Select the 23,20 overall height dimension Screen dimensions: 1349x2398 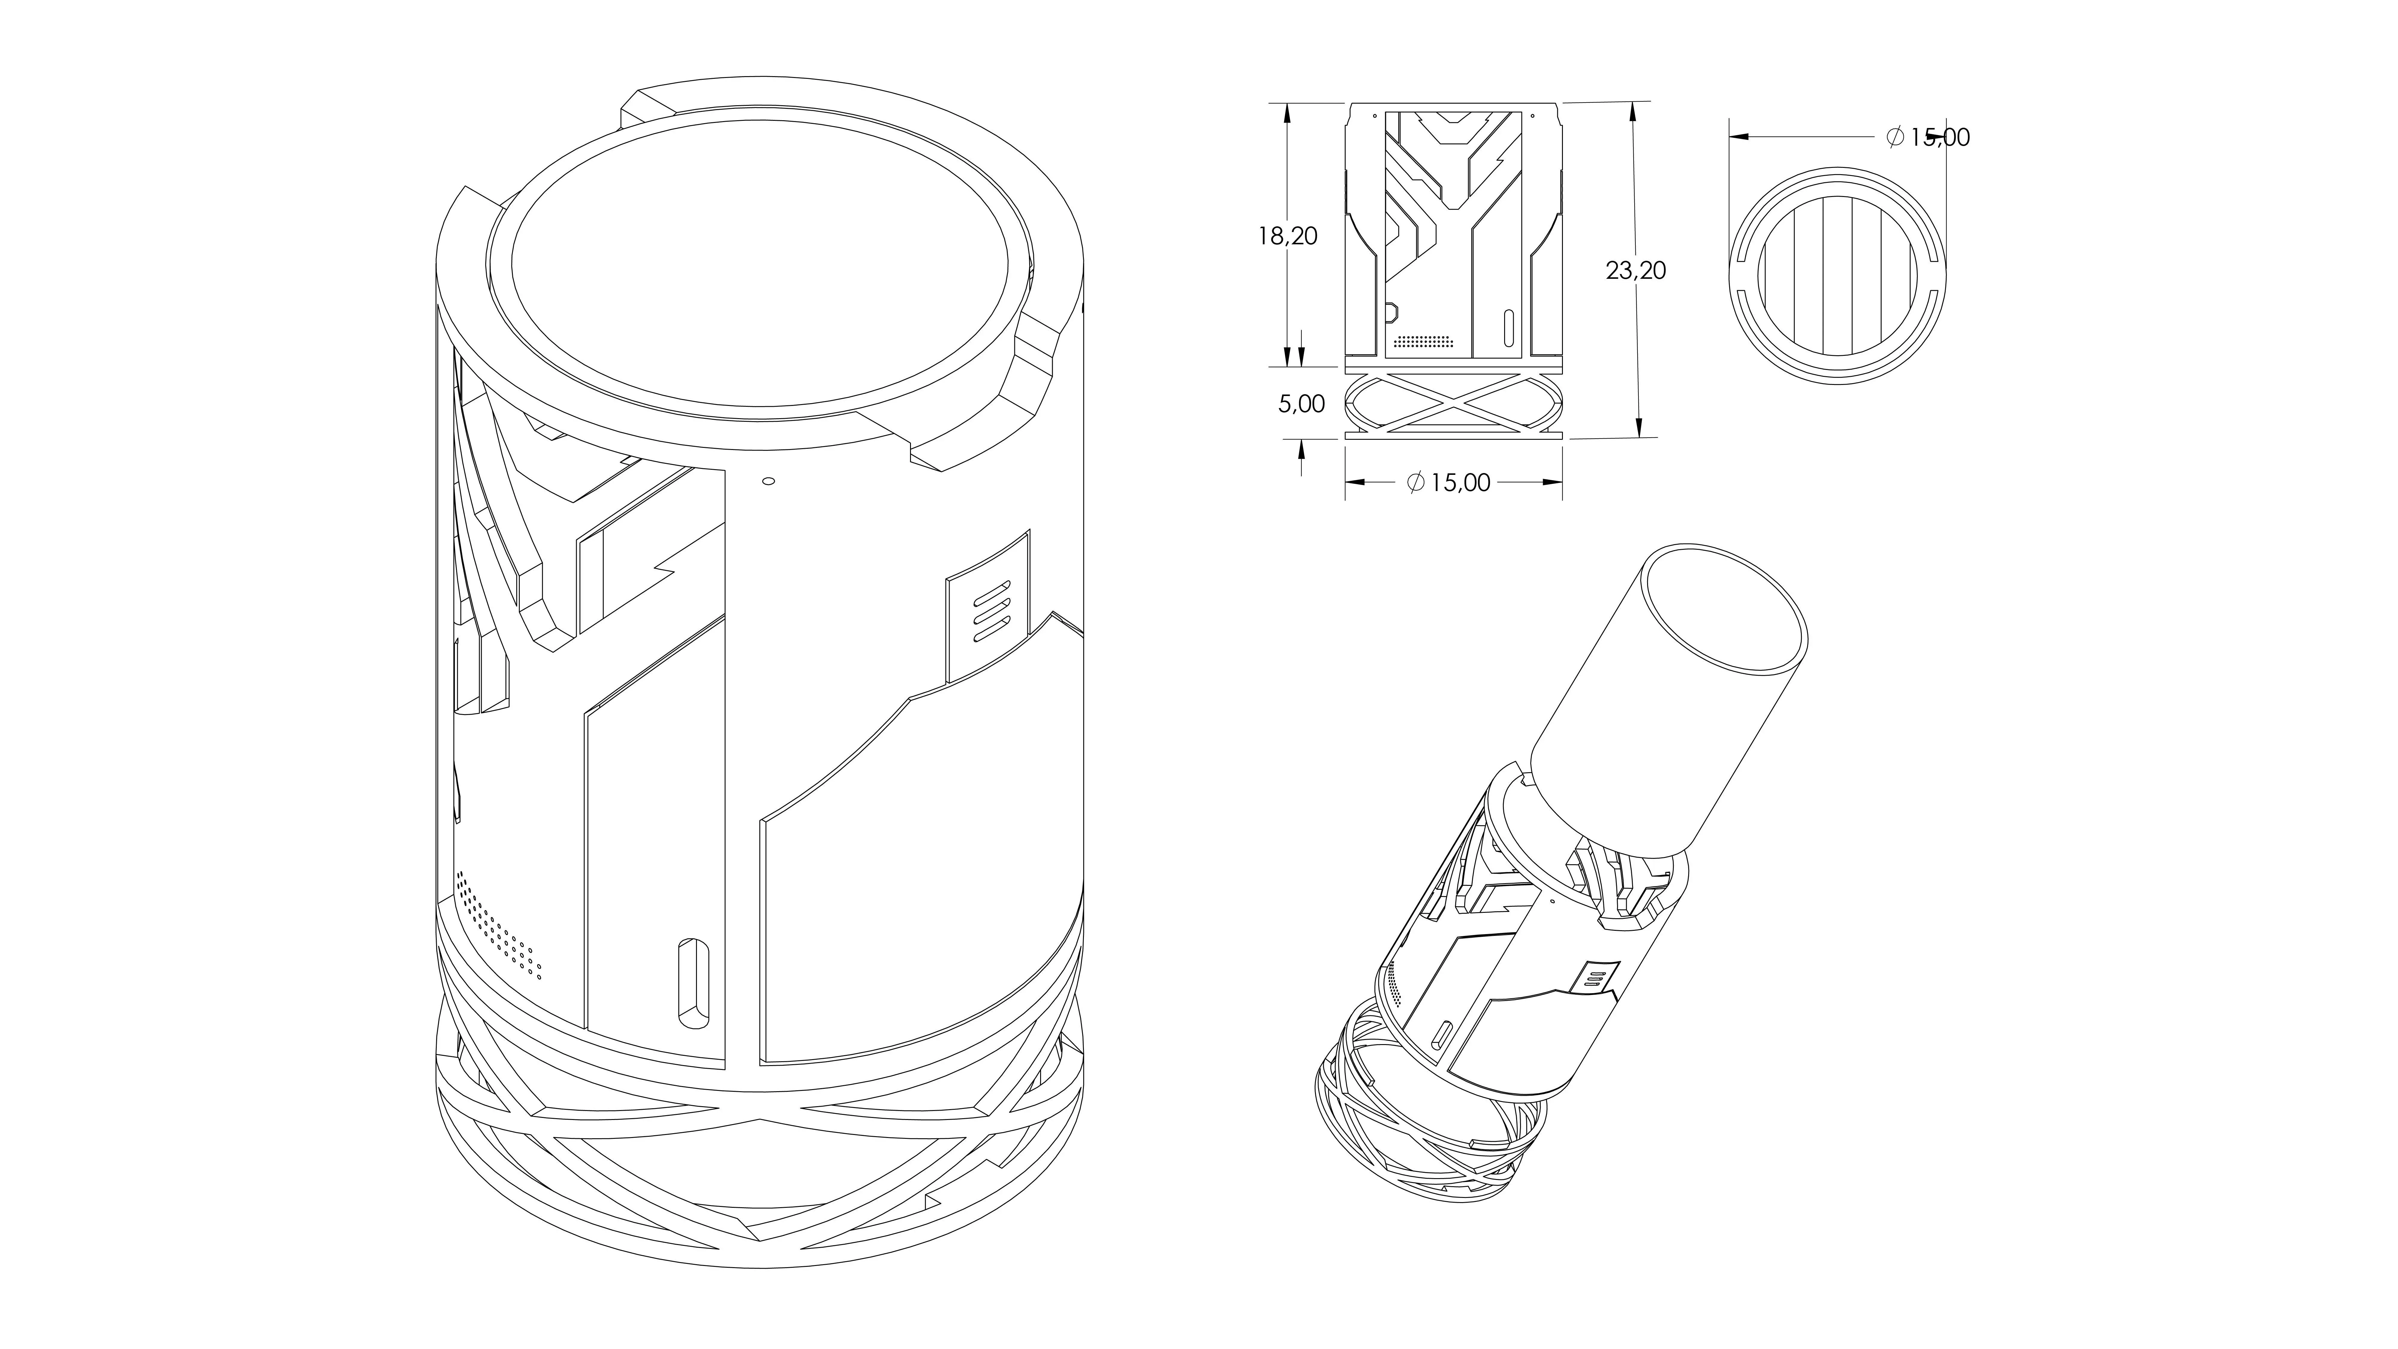1636,271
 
